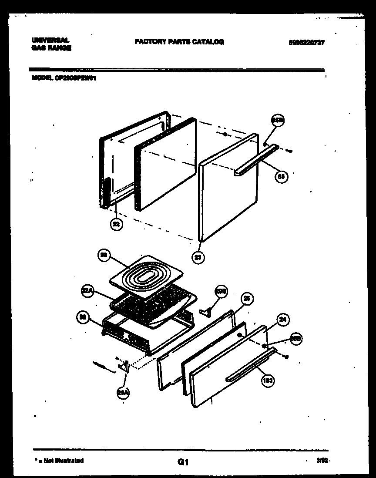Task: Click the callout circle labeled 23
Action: (x=198, y=257)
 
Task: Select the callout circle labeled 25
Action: (x=247, y=299)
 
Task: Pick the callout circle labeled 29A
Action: (x=123, y=393)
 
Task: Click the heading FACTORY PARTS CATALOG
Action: (x=179, y=42)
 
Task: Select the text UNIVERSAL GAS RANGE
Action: (x=51, y=44)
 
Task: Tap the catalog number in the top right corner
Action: (x=306, y=43)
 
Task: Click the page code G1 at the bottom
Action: (x=183, y=461)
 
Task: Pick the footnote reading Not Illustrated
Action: (x=60, y=460)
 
